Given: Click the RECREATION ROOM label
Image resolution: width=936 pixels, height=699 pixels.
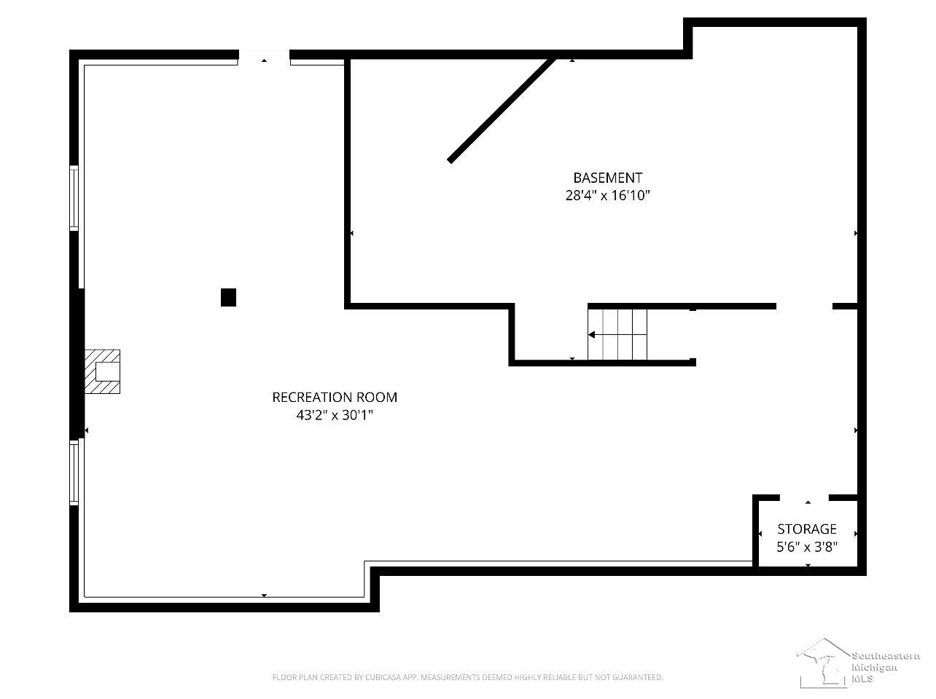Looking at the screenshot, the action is (x=335, y=398).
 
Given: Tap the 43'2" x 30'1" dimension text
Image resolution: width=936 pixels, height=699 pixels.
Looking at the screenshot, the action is (x=335, y=415).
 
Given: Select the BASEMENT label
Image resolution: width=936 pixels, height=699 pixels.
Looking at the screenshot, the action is (x=608, y=178).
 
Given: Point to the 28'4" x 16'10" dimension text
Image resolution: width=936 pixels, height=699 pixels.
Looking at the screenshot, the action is (x=608, y=195).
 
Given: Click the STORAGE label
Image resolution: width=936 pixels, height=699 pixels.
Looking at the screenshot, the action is (x=807, y=529).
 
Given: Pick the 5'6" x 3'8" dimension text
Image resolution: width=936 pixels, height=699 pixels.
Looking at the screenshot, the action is (x=807, y=547).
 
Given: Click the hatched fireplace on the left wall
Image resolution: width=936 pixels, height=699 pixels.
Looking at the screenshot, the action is (x=102, y=371).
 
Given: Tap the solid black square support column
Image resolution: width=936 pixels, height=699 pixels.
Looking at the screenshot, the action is (x=229, y=297).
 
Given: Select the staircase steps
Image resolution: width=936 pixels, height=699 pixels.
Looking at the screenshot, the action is (x=617, y=335).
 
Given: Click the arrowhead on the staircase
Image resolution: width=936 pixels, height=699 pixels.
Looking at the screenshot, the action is (x=591, y=335).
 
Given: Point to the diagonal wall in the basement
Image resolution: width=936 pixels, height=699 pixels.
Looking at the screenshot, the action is (x=502, y=110).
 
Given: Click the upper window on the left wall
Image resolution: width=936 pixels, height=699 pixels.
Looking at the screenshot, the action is (x=74, y=198).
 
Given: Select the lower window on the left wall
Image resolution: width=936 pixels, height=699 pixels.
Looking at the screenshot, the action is (x=74, y=473).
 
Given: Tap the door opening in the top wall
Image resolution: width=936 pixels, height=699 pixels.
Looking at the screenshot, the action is (x=265, y=55).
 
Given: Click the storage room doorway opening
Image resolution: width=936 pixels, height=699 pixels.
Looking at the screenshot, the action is (x=804, y=497).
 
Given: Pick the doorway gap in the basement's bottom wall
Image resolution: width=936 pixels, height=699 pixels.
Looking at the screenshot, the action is (x=804, y=306).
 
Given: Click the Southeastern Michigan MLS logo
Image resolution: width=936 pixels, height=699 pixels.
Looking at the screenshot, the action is (x=859, y=663).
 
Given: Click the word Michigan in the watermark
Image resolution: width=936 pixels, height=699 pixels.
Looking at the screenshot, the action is (x=874, y=668).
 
